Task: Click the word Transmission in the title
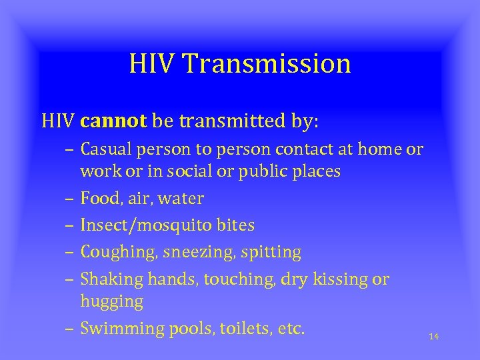[x=267, y=64]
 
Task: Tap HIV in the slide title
[x=153, y=64]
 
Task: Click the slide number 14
[x=433, y=337]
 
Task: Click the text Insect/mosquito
[x=137, y=225]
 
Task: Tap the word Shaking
[x=107, y=279]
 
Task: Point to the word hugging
[x=111, y=301]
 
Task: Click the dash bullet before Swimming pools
[x=70, y=329]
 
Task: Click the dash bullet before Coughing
[x=70, y=253]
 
